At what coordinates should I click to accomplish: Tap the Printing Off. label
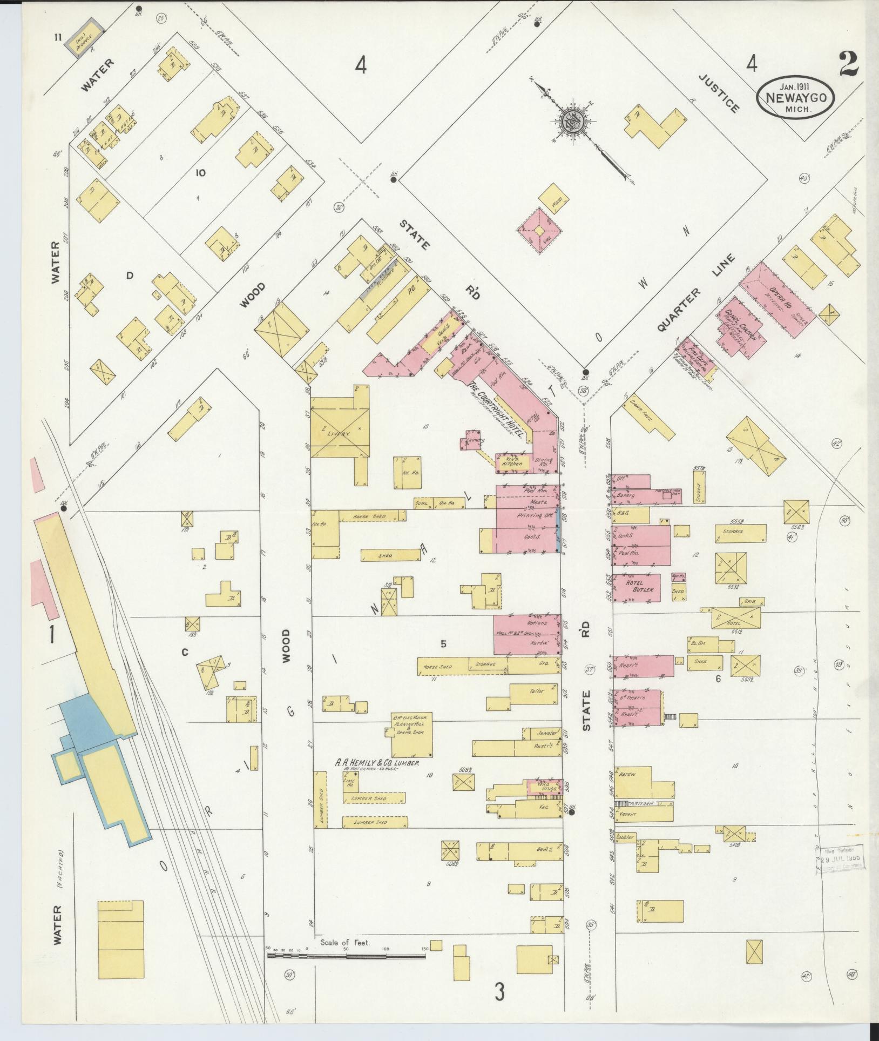click(531, 516)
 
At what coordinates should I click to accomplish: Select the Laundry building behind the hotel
click(472, 440)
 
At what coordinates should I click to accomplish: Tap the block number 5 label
click(443, 644)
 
